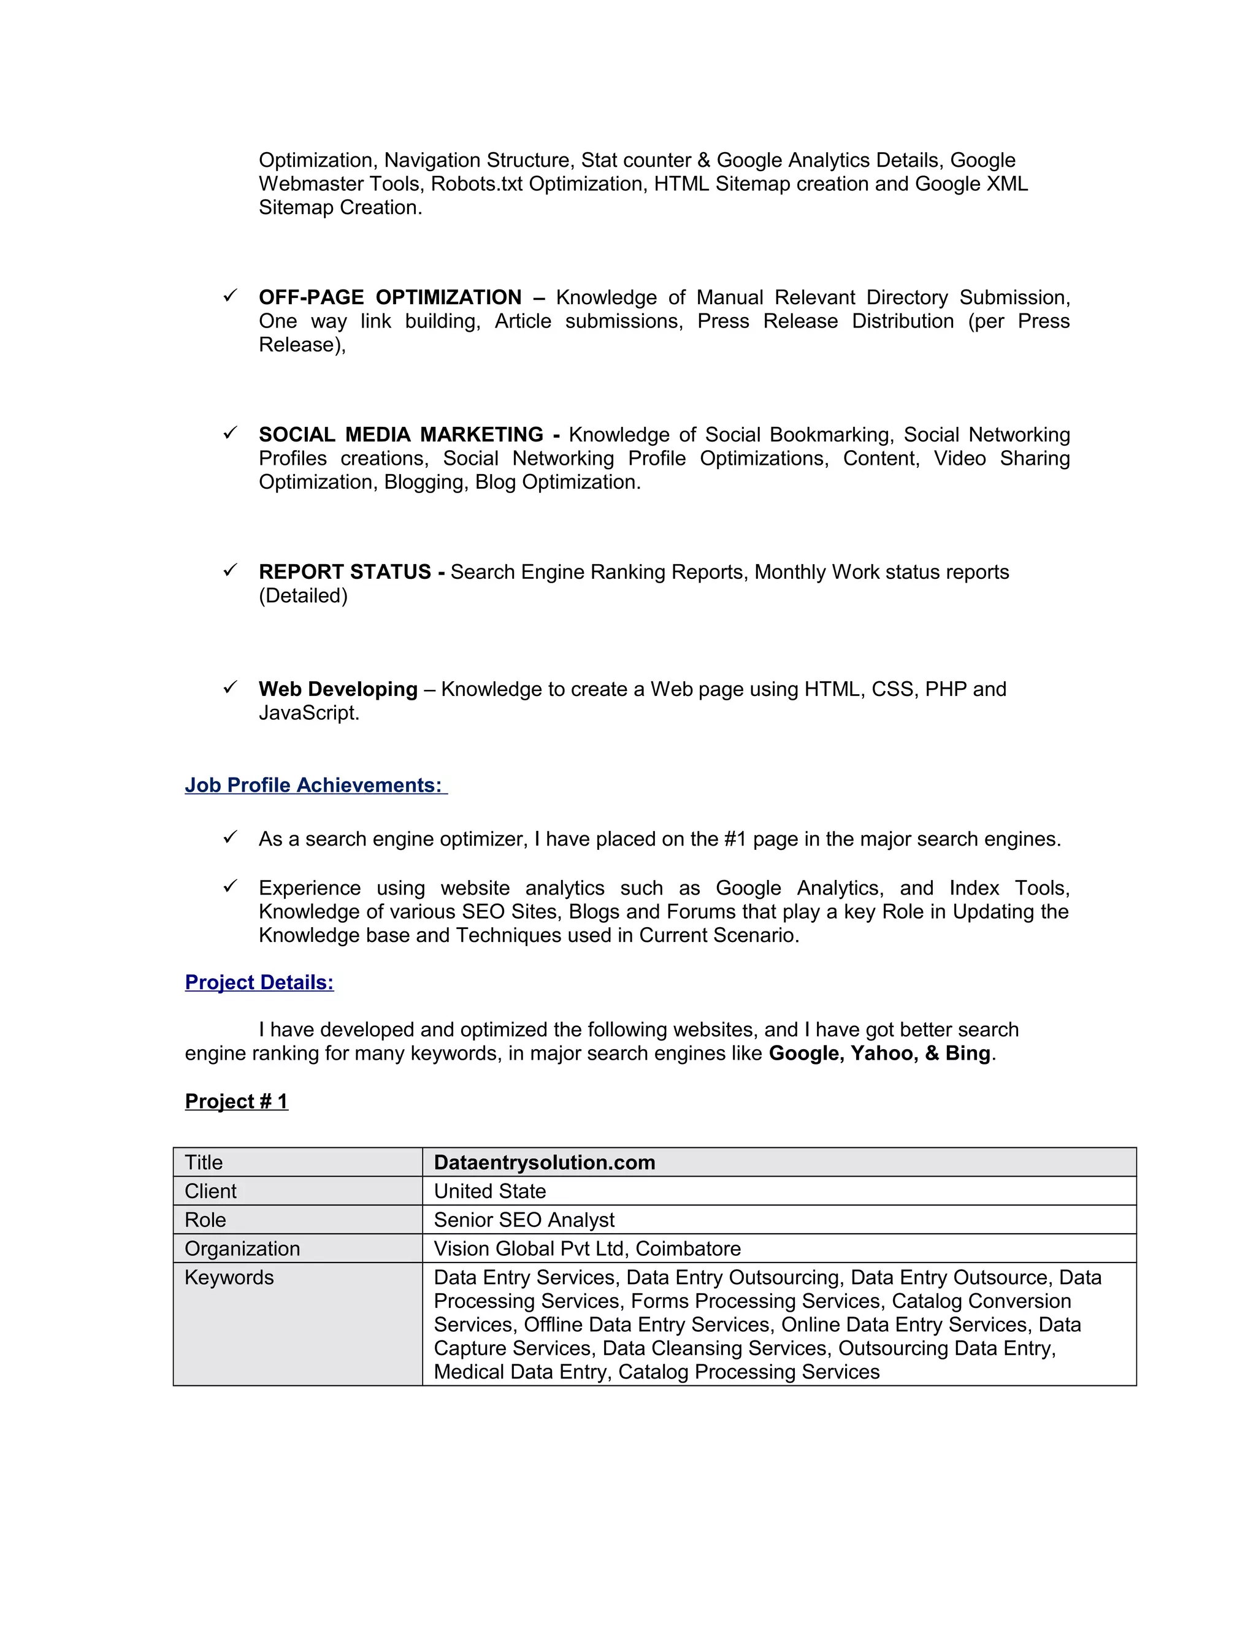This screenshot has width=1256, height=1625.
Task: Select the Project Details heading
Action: coord(259,982)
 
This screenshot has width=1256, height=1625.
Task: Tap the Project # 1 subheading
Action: coord(236,1101)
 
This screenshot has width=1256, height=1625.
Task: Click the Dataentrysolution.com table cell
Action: coord(544,1162)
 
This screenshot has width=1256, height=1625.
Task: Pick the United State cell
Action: coord(489,1191)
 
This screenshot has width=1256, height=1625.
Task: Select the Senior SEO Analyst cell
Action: coord(524,1220)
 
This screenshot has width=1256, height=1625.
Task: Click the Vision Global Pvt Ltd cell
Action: coord(587,1248)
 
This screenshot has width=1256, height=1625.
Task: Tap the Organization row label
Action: coord(242,1248)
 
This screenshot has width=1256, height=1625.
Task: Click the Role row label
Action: coord(205,1220)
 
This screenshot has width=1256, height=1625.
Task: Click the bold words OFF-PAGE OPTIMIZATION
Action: coord(390,297)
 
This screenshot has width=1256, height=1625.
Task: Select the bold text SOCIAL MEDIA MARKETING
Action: coord(401,435)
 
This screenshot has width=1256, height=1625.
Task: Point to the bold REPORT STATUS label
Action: coord(345,572)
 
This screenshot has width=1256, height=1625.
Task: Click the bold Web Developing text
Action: coord(338,689)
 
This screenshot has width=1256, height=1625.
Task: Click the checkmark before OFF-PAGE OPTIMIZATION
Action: coord(230,296)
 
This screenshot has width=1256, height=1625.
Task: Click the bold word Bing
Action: coord(967,1053)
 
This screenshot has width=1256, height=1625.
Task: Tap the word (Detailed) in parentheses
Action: coord(303,595)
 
